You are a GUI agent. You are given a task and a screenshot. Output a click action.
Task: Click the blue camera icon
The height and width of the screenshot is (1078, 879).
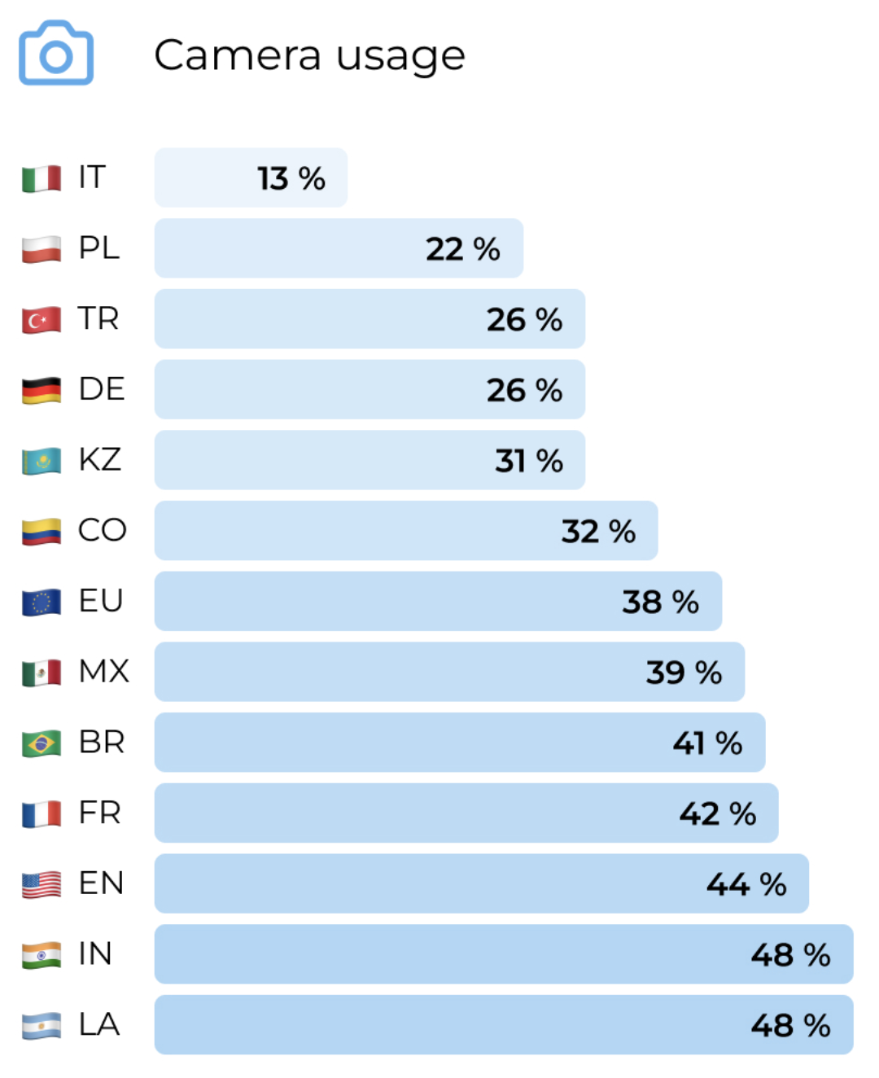[x=56, y=53]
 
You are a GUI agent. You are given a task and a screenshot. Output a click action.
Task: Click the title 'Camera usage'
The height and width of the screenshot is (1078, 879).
[x=309, y=55]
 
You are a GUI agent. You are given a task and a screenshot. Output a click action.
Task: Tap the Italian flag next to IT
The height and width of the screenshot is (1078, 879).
[x=42, y=178]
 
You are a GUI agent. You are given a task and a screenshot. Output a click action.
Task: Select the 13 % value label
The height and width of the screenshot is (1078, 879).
[x=291, y=178]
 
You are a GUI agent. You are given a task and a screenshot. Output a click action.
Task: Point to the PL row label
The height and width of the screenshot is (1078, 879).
[x=98, y=248]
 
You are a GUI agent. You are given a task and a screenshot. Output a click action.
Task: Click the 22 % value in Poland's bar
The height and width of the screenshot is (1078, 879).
[x=462, y=249]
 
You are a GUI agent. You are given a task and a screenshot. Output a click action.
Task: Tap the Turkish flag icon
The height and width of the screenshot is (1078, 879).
[x=42, y=319]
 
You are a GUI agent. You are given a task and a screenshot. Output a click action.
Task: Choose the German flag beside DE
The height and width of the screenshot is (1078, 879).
[x=42, y=390]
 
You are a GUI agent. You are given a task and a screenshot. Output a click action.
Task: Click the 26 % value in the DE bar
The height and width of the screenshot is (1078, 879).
[x=524, y=390]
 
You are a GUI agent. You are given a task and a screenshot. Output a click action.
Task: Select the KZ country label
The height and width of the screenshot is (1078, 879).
[x=99, y=459]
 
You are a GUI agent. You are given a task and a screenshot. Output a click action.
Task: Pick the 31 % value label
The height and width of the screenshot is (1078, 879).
[x=529, y=461]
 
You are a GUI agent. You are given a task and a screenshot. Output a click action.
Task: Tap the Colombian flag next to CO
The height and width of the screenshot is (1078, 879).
[x=42, y=531]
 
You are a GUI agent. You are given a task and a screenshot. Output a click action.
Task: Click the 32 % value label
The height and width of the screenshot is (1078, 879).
[x=598, y=532]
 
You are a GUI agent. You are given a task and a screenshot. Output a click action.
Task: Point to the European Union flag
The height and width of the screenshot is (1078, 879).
[x=42, y=602]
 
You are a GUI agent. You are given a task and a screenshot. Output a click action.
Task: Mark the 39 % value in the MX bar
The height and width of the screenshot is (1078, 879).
[x=684, y=673]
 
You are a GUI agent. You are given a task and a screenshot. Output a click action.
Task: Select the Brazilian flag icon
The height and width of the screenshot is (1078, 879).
[x=42, y=743]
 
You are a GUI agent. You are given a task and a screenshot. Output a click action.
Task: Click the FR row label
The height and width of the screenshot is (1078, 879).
[x=99, y=813]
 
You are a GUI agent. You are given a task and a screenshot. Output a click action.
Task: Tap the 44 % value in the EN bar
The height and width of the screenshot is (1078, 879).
[x=746, y=884]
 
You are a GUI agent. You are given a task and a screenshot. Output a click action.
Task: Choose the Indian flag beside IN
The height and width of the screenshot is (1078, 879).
[x=42, y=955]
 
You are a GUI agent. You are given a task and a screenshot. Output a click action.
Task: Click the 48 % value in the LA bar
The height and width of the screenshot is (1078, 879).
[x=790, y=1026]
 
